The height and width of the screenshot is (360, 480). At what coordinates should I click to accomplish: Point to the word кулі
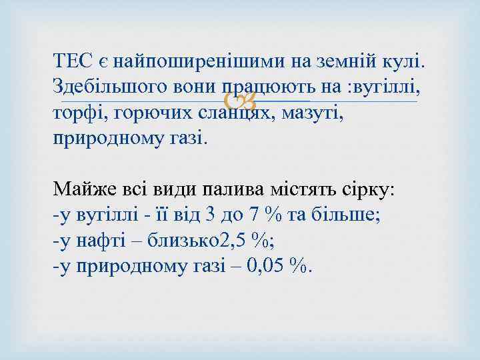(x=404, y=62)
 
